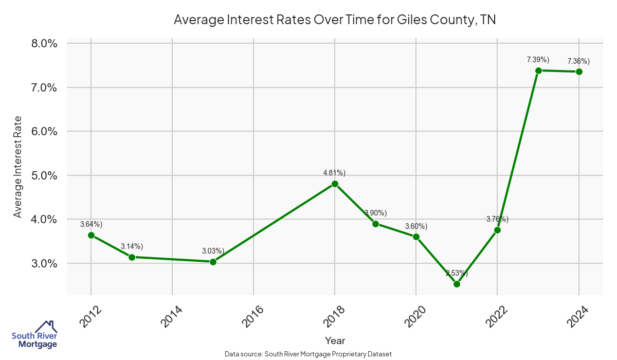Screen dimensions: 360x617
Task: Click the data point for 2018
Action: [x=335, y=184]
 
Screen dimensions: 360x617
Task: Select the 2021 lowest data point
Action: [x=457, y=284]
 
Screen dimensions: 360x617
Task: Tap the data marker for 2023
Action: [x=538, y=70]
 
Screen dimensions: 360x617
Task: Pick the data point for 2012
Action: [x=91, y=235]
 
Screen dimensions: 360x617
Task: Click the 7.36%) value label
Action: [x=578, y=62]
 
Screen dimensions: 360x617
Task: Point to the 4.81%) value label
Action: [x=334, y=173]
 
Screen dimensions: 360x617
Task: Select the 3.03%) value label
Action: [x=213, y=251]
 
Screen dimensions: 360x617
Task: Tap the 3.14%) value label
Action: [x=132, y=246]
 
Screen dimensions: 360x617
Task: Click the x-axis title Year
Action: [x=335, y=340]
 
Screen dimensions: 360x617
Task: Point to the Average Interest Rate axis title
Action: [x=18, y=167]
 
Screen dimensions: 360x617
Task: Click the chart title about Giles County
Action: [x=334, y=20]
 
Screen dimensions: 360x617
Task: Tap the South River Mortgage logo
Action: [x=34, y=335]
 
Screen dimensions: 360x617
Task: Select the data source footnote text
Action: [x=308, y=354]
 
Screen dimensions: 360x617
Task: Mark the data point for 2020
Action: [x=416, y=237]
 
